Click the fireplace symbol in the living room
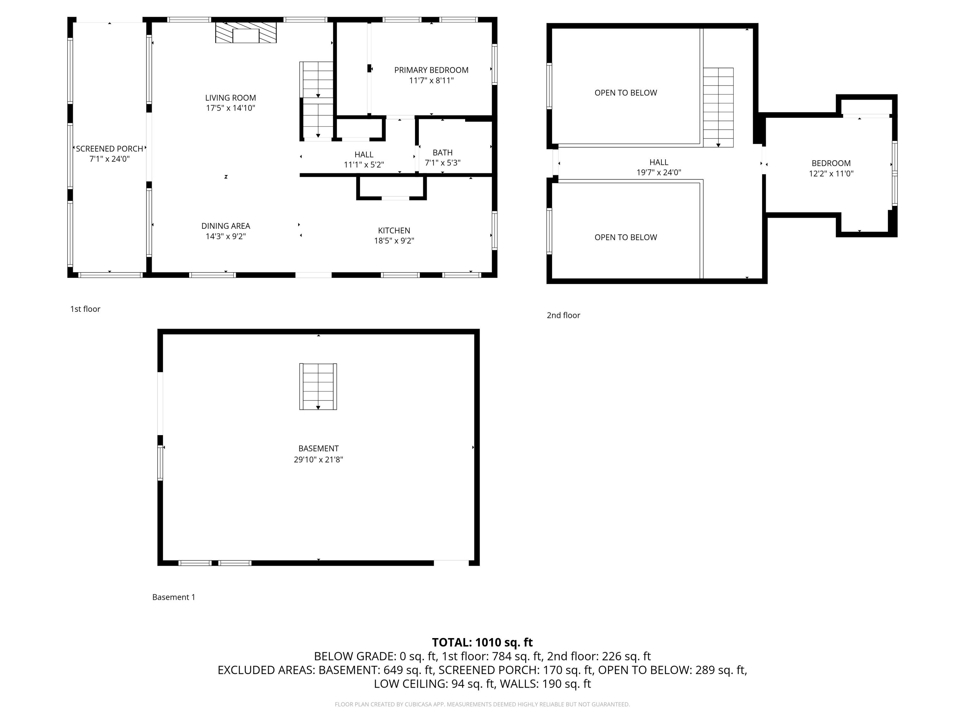point(246,33)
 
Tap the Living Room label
point(230,98)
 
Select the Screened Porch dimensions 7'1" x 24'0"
point(109,159)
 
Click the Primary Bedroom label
point(431,70)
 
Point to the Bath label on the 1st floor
point(442,152)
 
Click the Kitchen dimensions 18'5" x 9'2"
point(394,240)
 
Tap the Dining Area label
point(225,226)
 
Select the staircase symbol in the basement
point(318,386)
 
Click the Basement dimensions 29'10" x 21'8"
point(318,459)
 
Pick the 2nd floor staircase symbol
point(718,107)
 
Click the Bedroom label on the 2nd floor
point(831,163)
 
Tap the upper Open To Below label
point(626,93)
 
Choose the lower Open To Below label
point(626,237)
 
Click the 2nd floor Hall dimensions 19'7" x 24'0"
point(659,172)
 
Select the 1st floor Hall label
point(364,154)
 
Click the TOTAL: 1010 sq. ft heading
point(482,642)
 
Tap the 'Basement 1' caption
point(174,597)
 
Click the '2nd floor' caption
point(563,315)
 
